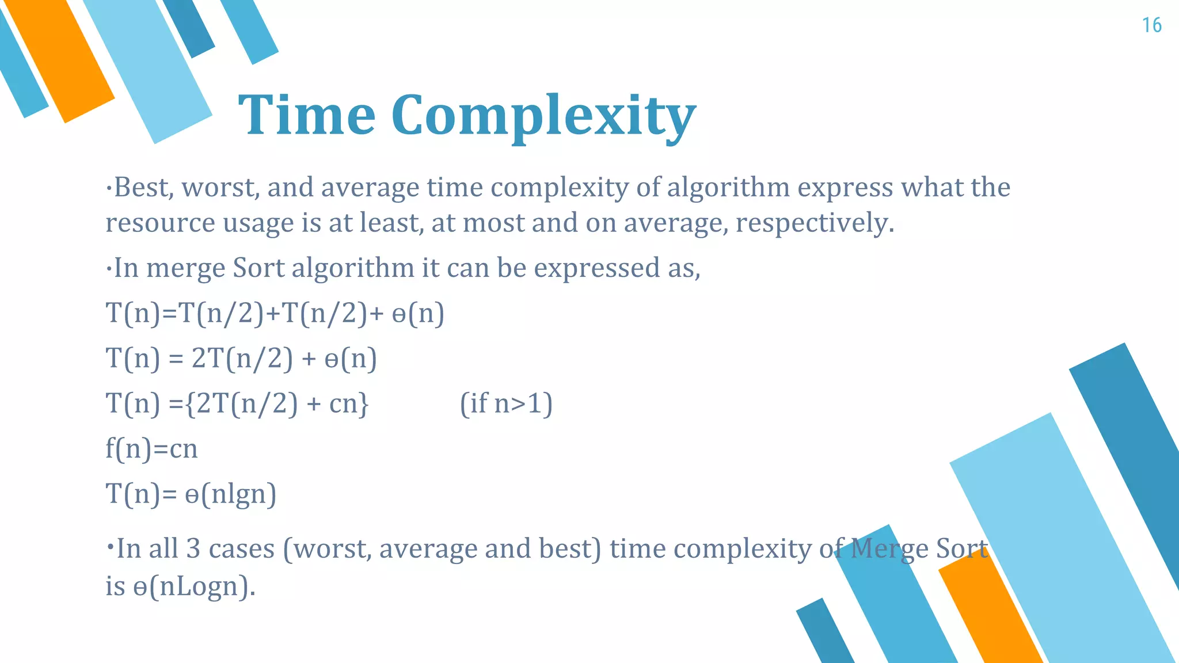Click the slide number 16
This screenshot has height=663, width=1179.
point(1151,25)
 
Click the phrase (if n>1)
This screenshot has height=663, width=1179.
point(506,403)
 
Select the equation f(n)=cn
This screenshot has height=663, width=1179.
point(151,449)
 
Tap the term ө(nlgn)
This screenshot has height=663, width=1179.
point(230,494)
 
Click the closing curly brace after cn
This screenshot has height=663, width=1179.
point(363,404)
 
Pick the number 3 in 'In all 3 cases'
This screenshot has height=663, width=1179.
point(193,548)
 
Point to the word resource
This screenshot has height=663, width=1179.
point(160,223)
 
